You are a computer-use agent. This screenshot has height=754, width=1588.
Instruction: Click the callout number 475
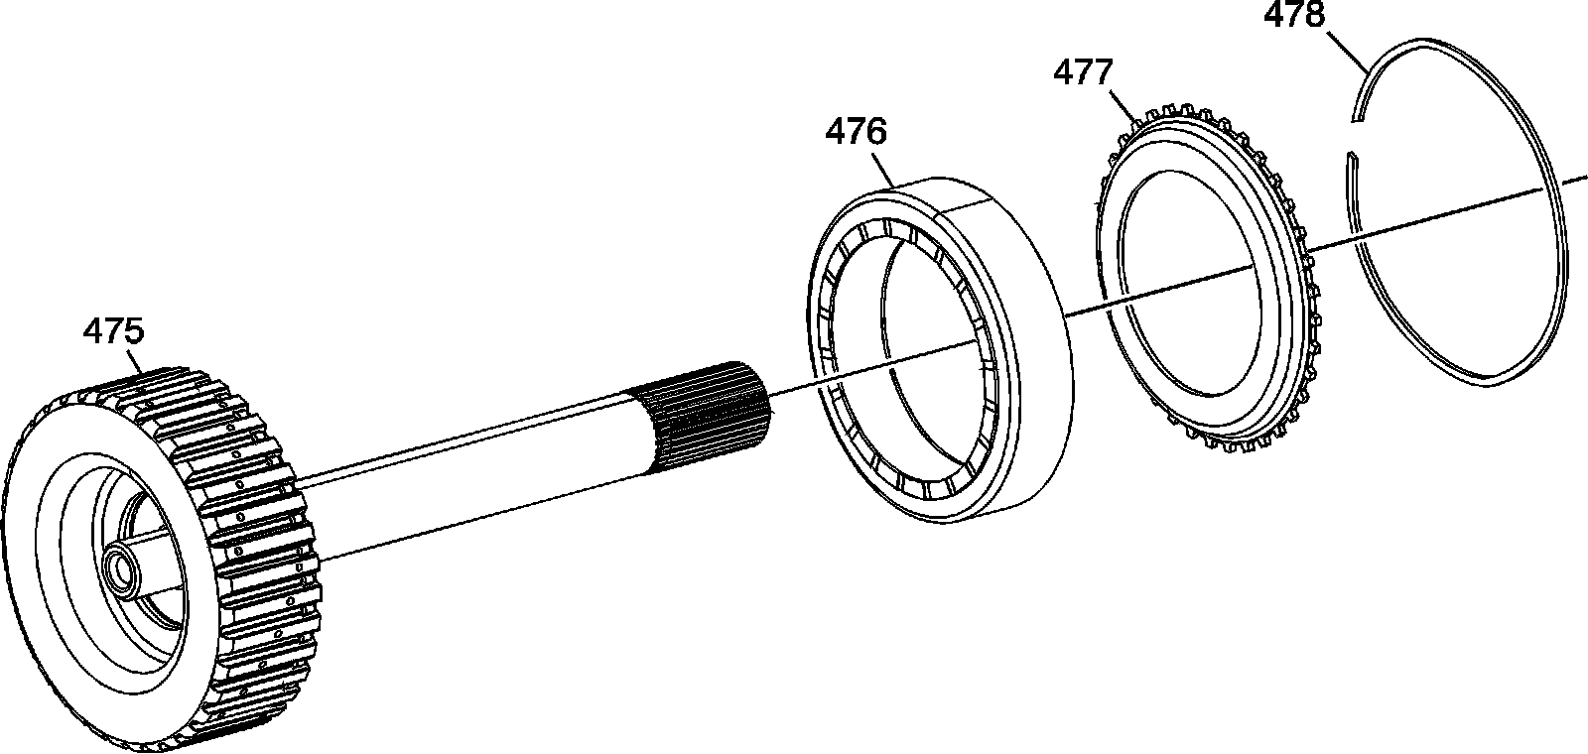(114, 331)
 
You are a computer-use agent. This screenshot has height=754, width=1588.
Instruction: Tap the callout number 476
(856, 133)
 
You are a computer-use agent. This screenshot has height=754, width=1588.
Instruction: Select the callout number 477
(1083, 73)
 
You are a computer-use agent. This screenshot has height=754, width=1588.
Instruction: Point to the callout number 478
(1294, 15)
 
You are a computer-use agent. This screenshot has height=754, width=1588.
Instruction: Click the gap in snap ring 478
(1354, 137)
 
